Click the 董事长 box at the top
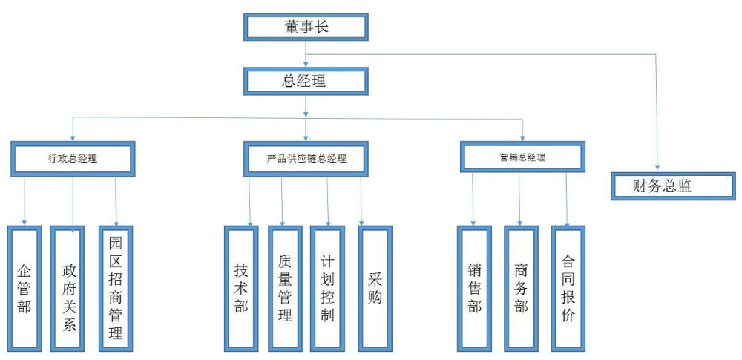305,27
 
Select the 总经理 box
305,81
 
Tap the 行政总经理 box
73,158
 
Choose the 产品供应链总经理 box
306,159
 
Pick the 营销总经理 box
522,157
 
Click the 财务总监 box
662,186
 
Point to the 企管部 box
24,287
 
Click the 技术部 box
241,287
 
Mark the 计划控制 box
329,288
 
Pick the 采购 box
374,287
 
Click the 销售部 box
474,288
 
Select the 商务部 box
521,288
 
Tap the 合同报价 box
568,288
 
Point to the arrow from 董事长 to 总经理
306,56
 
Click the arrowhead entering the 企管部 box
24,222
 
